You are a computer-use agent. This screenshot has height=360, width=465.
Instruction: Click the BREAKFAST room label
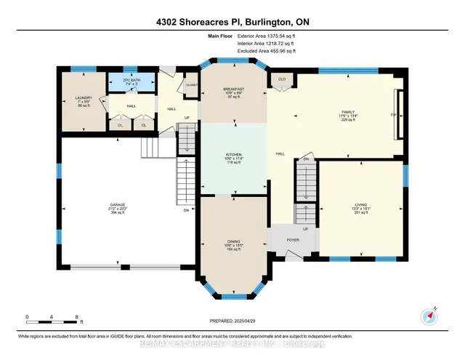click(x=233, y=89)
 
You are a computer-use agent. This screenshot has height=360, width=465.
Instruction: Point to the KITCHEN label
click(x=233, y=155)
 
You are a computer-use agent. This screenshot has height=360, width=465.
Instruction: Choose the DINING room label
click(x=233, y=244)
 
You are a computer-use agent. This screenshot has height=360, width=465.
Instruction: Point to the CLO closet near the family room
click(x=280, y=79)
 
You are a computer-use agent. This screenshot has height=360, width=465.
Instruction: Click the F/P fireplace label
click(x=394, y=115)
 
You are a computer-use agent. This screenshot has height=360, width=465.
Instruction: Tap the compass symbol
click(x=428, y=316)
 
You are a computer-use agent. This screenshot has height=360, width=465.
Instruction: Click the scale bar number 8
click(x=77, y=316)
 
